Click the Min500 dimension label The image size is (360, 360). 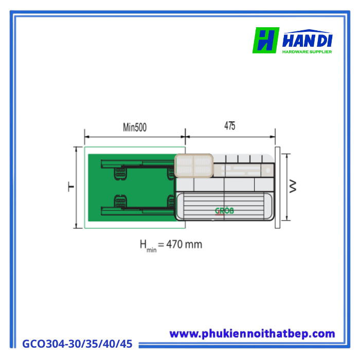click(134, 128)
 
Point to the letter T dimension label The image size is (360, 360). click(71, 187)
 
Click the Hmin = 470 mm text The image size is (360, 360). click(171, 245)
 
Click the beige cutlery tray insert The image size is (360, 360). click(193, 166)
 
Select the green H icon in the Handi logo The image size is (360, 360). click(265, 40)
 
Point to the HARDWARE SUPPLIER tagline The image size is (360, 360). click(307, 51)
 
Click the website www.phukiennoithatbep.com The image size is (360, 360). click(252, 334)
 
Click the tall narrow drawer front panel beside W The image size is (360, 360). click(278, 187)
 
